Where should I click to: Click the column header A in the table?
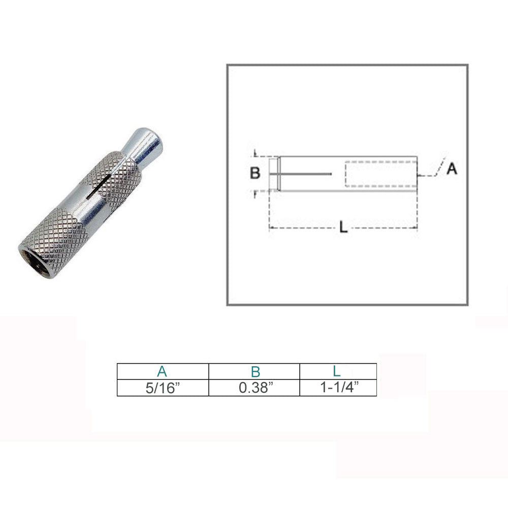pyautogui.click(x=162, y=371)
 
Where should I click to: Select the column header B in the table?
pyautogui.click(x=256, y=372)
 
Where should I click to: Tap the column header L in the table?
pyautogui.click(x=337, y=371)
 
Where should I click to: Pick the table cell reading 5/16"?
pyautogui.click(x=163, y=388)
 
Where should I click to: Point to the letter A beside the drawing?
pyautogui.click(x=452, y=169)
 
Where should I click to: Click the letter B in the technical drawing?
pyautogui.click(x=255, y=173)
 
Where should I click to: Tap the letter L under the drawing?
pyautogui.click(x=343, y=227)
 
